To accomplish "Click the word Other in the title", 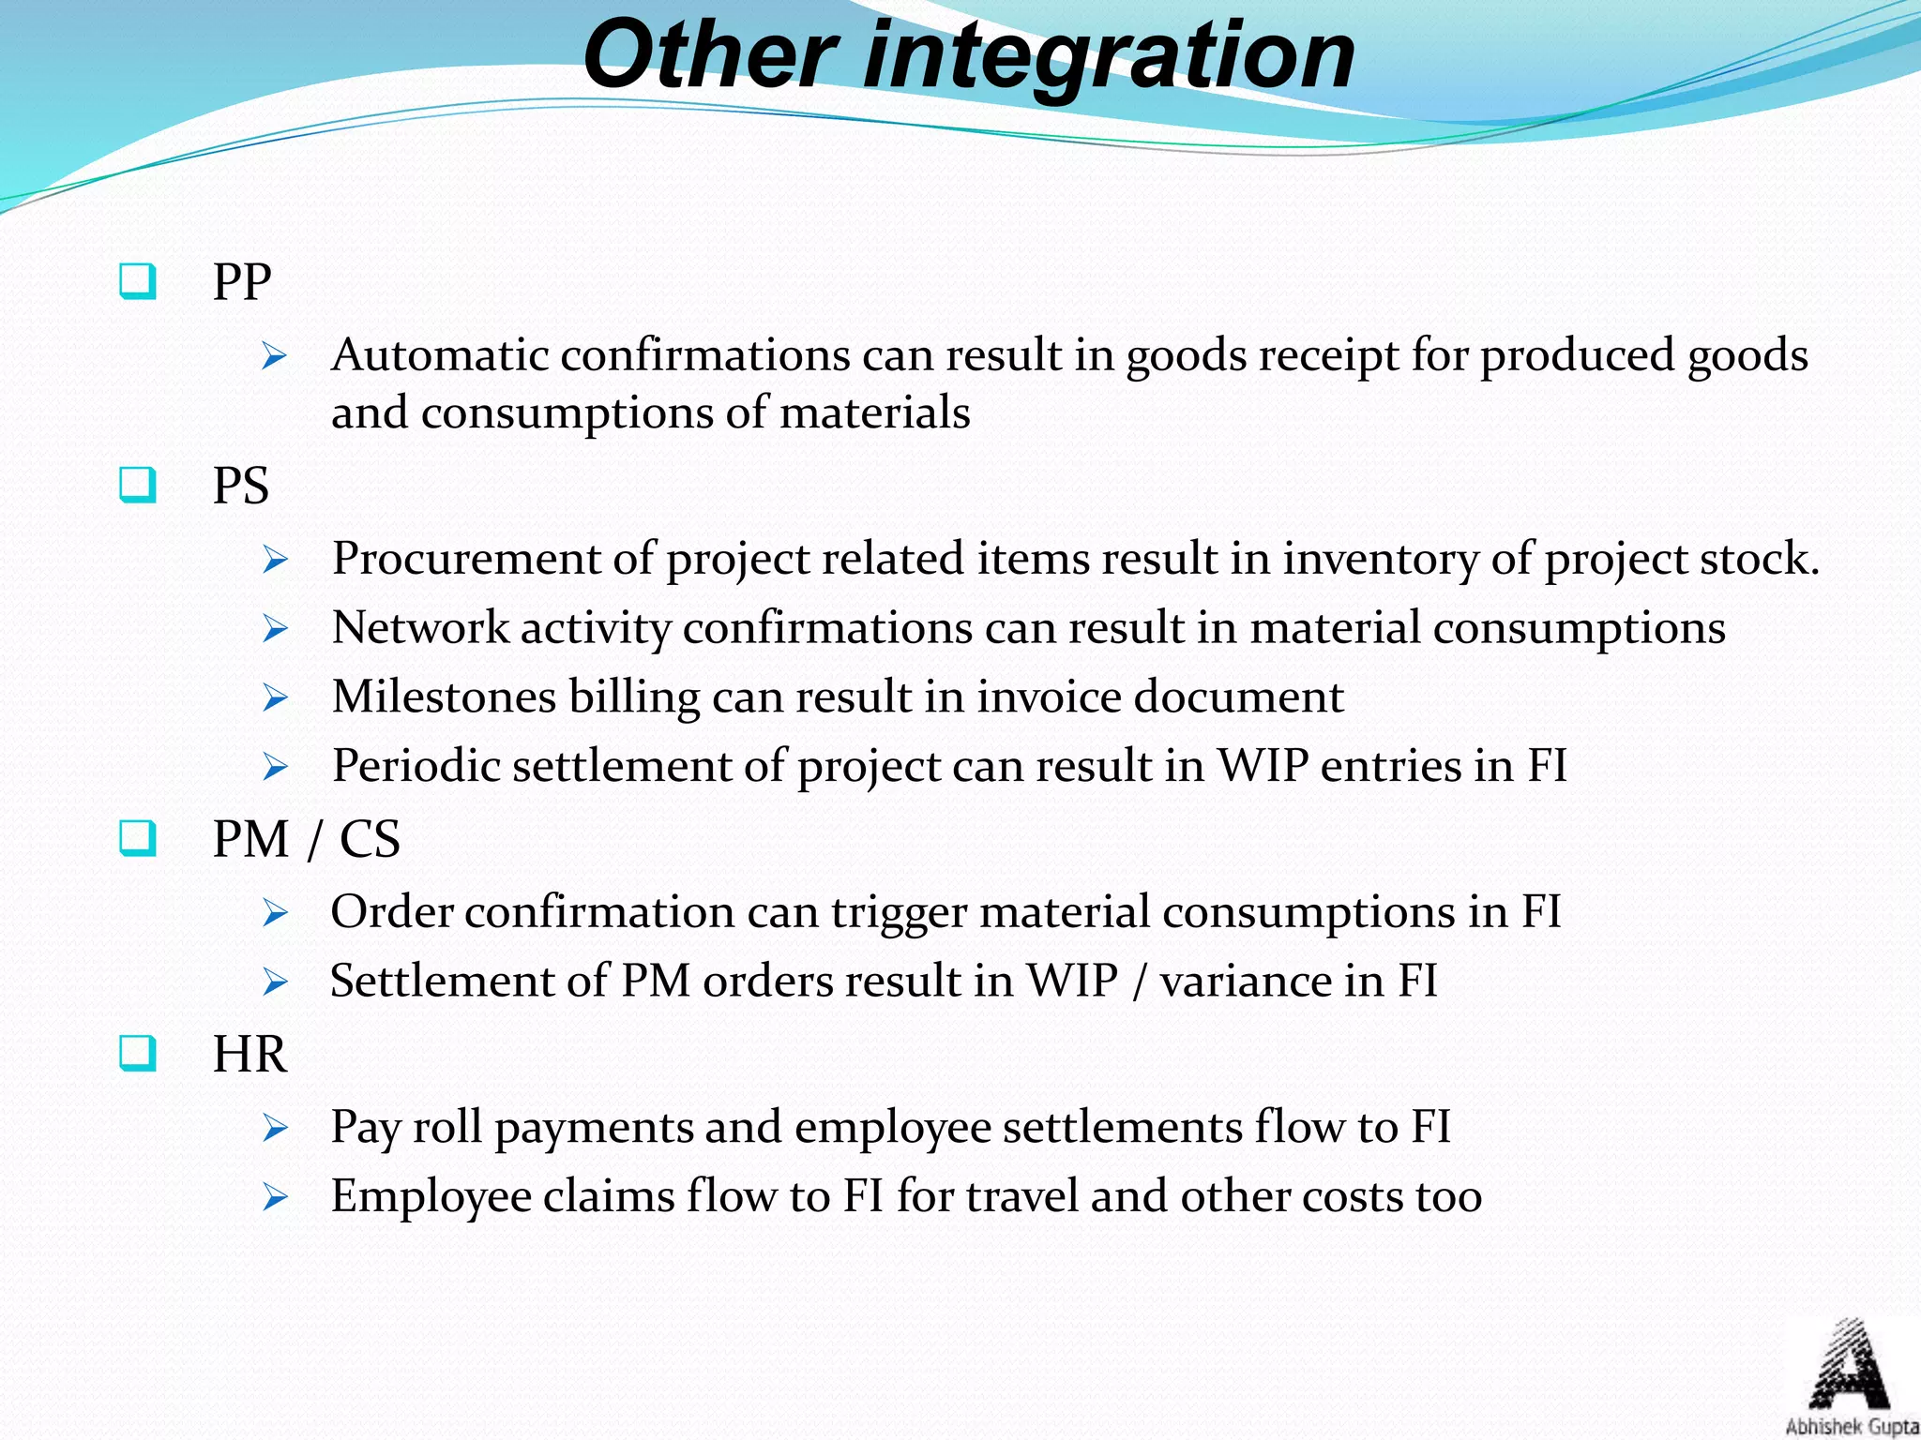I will coord(709,56).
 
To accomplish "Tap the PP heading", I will coord(242,281).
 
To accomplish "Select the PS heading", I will coord(241,486).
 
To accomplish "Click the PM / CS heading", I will coord(306,838).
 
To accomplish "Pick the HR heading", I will coord(250,1054).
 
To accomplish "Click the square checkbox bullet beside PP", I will coord(138,281).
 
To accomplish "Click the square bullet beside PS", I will coord(138,486).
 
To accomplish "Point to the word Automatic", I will coord(440,355).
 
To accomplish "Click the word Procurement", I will coord(466,559).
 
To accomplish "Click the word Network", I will coord(420,627).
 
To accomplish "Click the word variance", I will coord(1245,982).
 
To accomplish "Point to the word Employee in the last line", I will coord(431,1197).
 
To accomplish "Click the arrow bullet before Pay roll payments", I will coord(275,1128).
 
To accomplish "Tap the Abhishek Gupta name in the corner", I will coord(1852,1427).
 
